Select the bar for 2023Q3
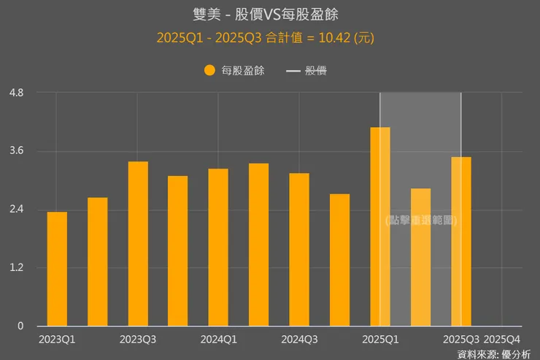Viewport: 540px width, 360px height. pyautogui.click(x=138, y=244)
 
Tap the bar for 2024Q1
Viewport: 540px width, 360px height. pyautogui.click(x=218, y=248)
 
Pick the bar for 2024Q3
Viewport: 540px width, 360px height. pyautogui.click(x=299, y=250)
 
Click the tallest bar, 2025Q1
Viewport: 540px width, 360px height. pyautogui.click(x=380, y=226)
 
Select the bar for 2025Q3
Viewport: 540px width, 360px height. pyautogui.click(x=461, y=242)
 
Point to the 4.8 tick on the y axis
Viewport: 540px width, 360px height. pyautogui.click(x=16, y=93)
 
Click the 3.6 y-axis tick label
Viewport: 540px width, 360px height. pyautogui.click(x=16, y=151)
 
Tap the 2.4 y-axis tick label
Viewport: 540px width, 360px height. pyautogui.click(x=16, y=210)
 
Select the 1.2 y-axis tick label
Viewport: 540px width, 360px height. pyautogui.click(x=16, y=268)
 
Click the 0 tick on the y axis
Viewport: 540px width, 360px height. pyautogui.click(x=21, y=326)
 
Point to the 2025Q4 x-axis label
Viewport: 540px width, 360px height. pyautogui.click(x=502, y=340)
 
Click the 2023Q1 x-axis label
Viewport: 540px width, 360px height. pyautogui.click(x=57, y=340)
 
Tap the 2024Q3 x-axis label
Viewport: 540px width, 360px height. pyautogui.click(x=299, y=340)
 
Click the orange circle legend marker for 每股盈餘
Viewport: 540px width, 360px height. pyautogui.click(x=209, y=71)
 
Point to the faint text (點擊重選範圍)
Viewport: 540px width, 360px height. pyautogui.click(x=421, y=220)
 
